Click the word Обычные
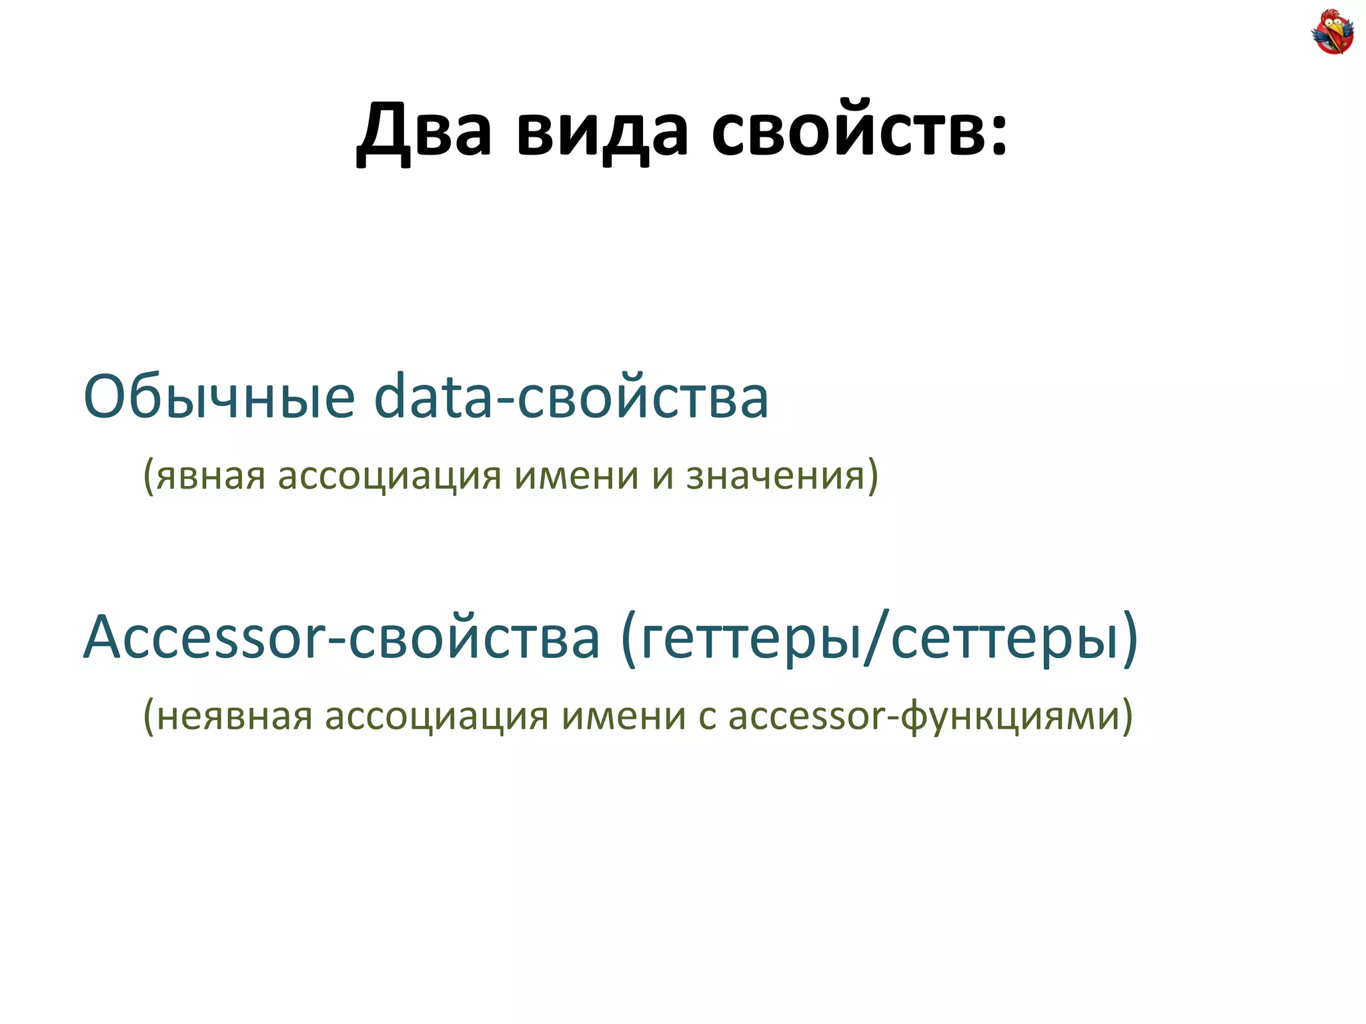coord(219,397)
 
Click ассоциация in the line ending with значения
coord(390,476)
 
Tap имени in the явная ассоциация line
coord(576,476)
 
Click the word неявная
coord(234,716)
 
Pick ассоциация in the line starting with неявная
coord(436,716)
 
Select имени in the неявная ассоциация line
coord(624,716)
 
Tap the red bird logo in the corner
coord(1332,31)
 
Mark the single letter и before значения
coord(663,476)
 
